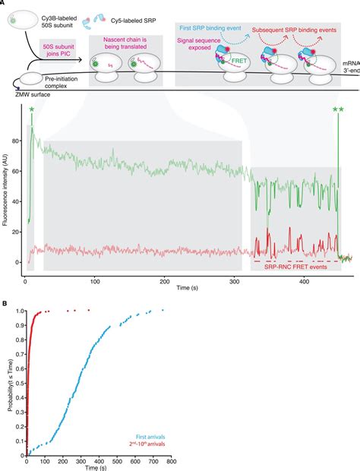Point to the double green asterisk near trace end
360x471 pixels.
tap(336, 111)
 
